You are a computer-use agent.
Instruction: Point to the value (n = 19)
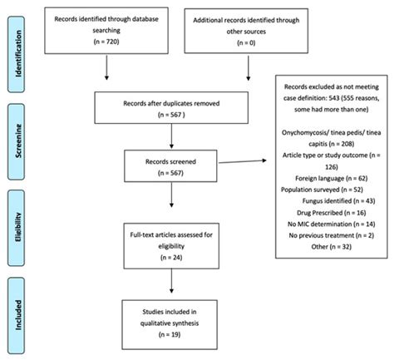pyautogui.click(x=174, y=336)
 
